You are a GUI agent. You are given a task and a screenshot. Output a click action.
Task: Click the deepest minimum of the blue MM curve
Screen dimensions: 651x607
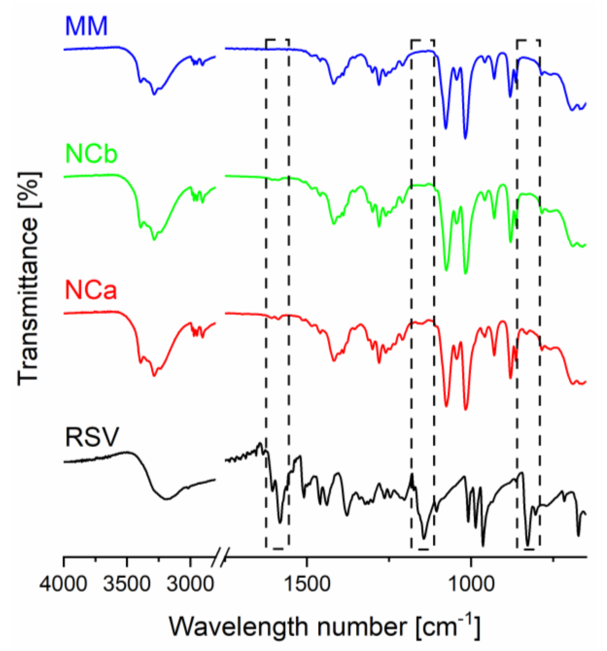[x=466, y=137]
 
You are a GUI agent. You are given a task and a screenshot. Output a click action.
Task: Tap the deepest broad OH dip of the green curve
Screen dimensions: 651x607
[x=154, y=240]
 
